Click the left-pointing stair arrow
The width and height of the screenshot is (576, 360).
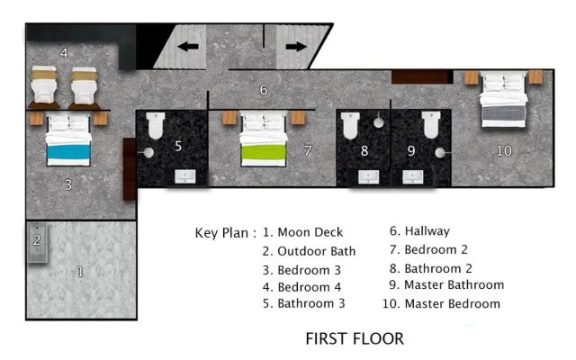[x=188, y=47]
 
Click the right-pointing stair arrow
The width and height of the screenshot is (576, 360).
[x=296, y=47]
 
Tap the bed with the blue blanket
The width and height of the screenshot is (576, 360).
[x=68, y=139]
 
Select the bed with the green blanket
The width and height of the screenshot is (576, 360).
[x=264, y=139]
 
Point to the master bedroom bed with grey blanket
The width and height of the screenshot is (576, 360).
[x=504, y=99]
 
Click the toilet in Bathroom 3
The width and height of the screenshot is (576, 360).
[x=156, y=126]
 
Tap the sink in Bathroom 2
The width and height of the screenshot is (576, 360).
[x=368, y=176]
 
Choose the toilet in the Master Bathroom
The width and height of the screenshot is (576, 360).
[x=431, y=125]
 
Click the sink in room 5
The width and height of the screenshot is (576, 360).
[x=185, y=176]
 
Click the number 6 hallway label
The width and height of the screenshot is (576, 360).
[x=264, y=90]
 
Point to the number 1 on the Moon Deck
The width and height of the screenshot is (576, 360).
[x=80, y=272]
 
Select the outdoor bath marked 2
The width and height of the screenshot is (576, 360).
[x=37, y=242]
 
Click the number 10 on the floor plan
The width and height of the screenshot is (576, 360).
[x=504, y=150]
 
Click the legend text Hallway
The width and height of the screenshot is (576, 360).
[x=427, y=231]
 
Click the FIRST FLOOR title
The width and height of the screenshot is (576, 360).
[x=355, y=338]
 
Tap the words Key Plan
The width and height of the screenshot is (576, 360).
[x=221, y=233]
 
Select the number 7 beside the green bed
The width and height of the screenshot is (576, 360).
[x=308, y=150]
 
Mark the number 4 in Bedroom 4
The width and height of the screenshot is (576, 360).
[x=64, y=53]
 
